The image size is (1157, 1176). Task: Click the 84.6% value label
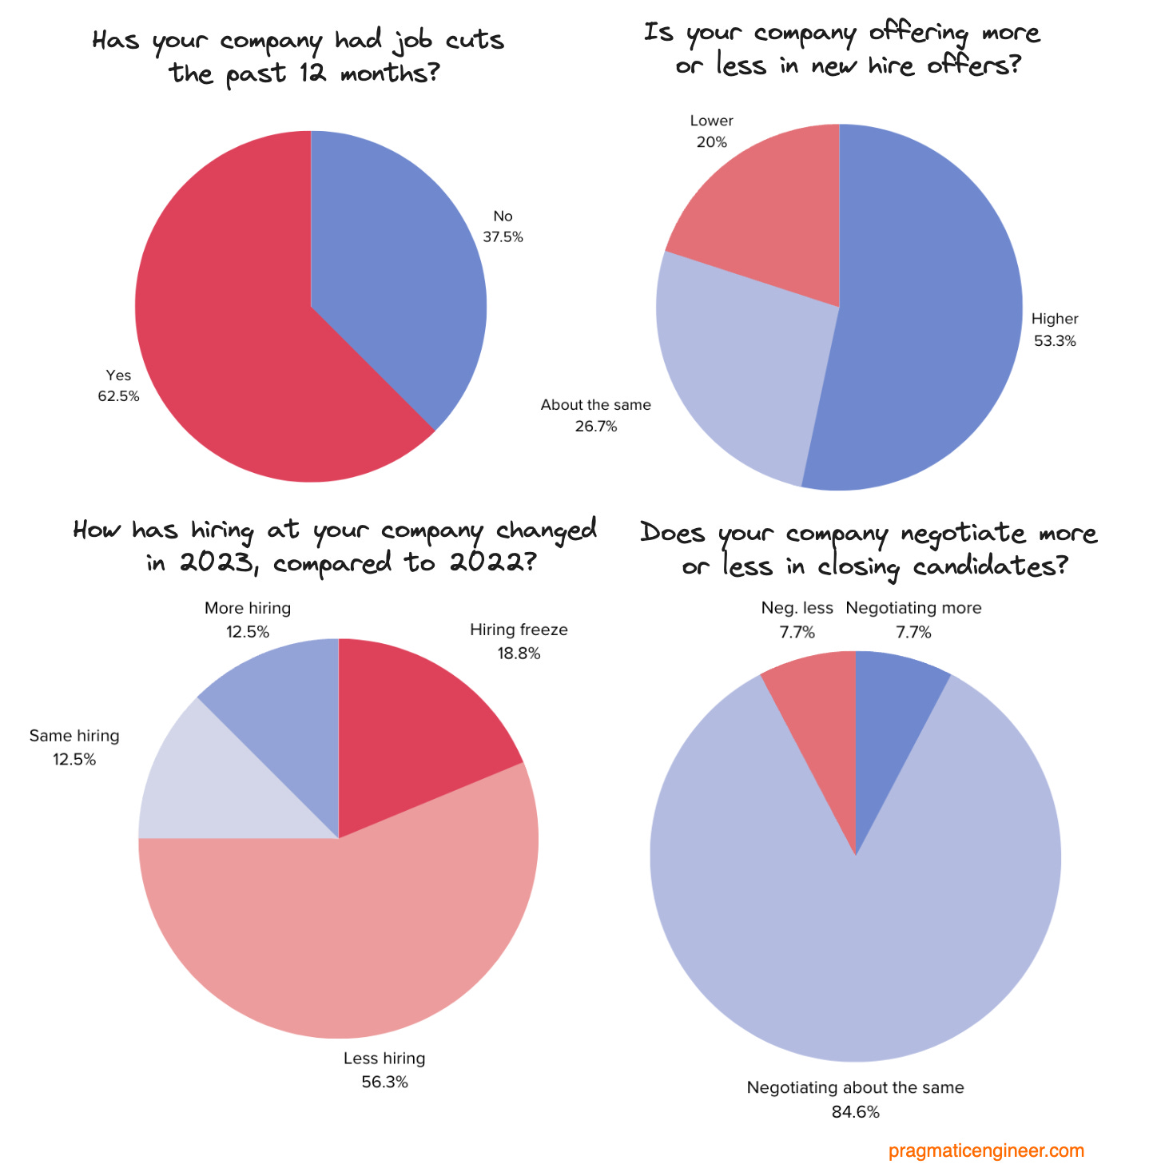(x=855, y=1112)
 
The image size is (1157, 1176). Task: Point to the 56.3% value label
(x=384, y=1083)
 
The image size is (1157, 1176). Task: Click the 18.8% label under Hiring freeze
(x=519, y=654)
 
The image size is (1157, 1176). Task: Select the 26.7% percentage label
(x=596, y=427)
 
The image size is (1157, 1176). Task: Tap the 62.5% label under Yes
(x=118, y=396)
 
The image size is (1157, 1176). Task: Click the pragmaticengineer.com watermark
(x=986, y=1151)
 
